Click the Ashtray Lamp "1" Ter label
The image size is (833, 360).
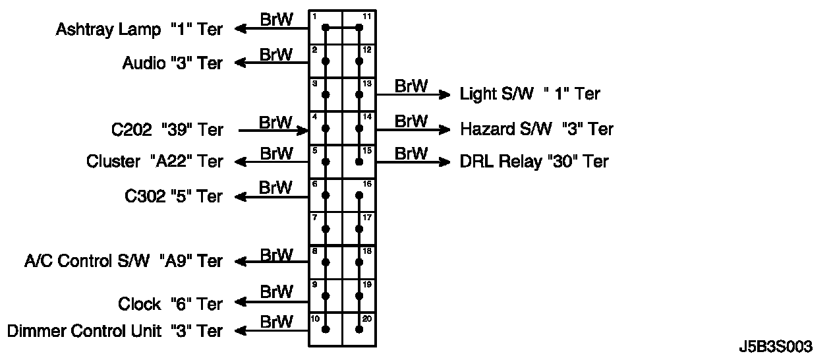point(139,29)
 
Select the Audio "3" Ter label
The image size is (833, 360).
point(173,63)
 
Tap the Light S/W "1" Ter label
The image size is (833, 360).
point(530,94)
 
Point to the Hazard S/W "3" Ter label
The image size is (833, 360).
point(536,129)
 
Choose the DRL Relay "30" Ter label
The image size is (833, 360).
point(534,162)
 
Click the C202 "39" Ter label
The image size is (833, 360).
point(167,130)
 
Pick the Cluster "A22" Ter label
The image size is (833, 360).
point(154,162)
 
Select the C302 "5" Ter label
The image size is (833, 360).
point(173,196)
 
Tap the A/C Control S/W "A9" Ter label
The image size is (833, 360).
point(123,261)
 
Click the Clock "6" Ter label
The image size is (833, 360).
point(170,304)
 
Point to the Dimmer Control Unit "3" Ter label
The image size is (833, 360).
point(114,330)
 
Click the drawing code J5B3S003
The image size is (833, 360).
point(776,347)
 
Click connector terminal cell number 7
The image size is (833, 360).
point(326,228)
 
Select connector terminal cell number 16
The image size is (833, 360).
point(359,195)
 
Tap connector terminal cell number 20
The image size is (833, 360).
point(359,328)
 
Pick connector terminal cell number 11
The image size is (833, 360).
point(359,27)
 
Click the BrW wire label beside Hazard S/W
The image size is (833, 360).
point(411,121)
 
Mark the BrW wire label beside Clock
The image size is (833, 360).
point(275,291)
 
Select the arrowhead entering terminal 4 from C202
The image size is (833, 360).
point(304,130)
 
